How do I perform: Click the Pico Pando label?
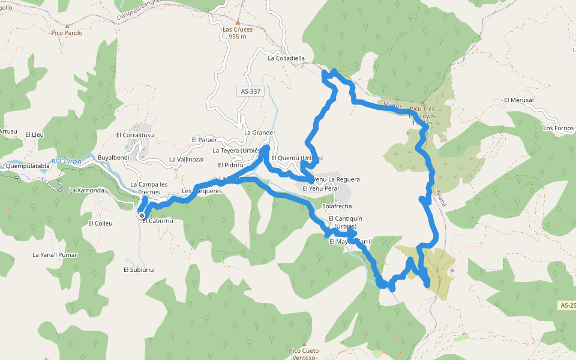[x=67, y=33]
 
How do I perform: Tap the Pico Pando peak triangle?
[x=67, y=26]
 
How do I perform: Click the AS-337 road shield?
[x=250, y=91]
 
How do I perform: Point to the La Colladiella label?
[x=286, y=58]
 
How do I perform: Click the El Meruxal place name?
[x=519, y=100]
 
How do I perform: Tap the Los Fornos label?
[x=558, y=128]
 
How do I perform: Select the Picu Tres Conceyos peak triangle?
[x=422, y=103]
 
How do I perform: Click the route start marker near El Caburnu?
[x=142, y=215]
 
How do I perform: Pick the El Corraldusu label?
[x=135, y=135]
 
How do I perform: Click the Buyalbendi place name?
[x=113, y=157]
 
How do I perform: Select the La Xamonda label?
[x=86, y=190]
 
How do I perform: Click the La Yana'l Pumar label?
[x=55, y=255]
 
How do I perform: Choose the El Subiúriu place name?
[x=139, y=269]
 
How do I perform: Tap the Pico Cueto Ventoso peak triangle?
[x=304, y=344]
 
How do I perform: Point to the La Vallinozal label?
[x=186, y=160]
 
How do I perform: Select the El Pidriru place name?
[x=229, y=164]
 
